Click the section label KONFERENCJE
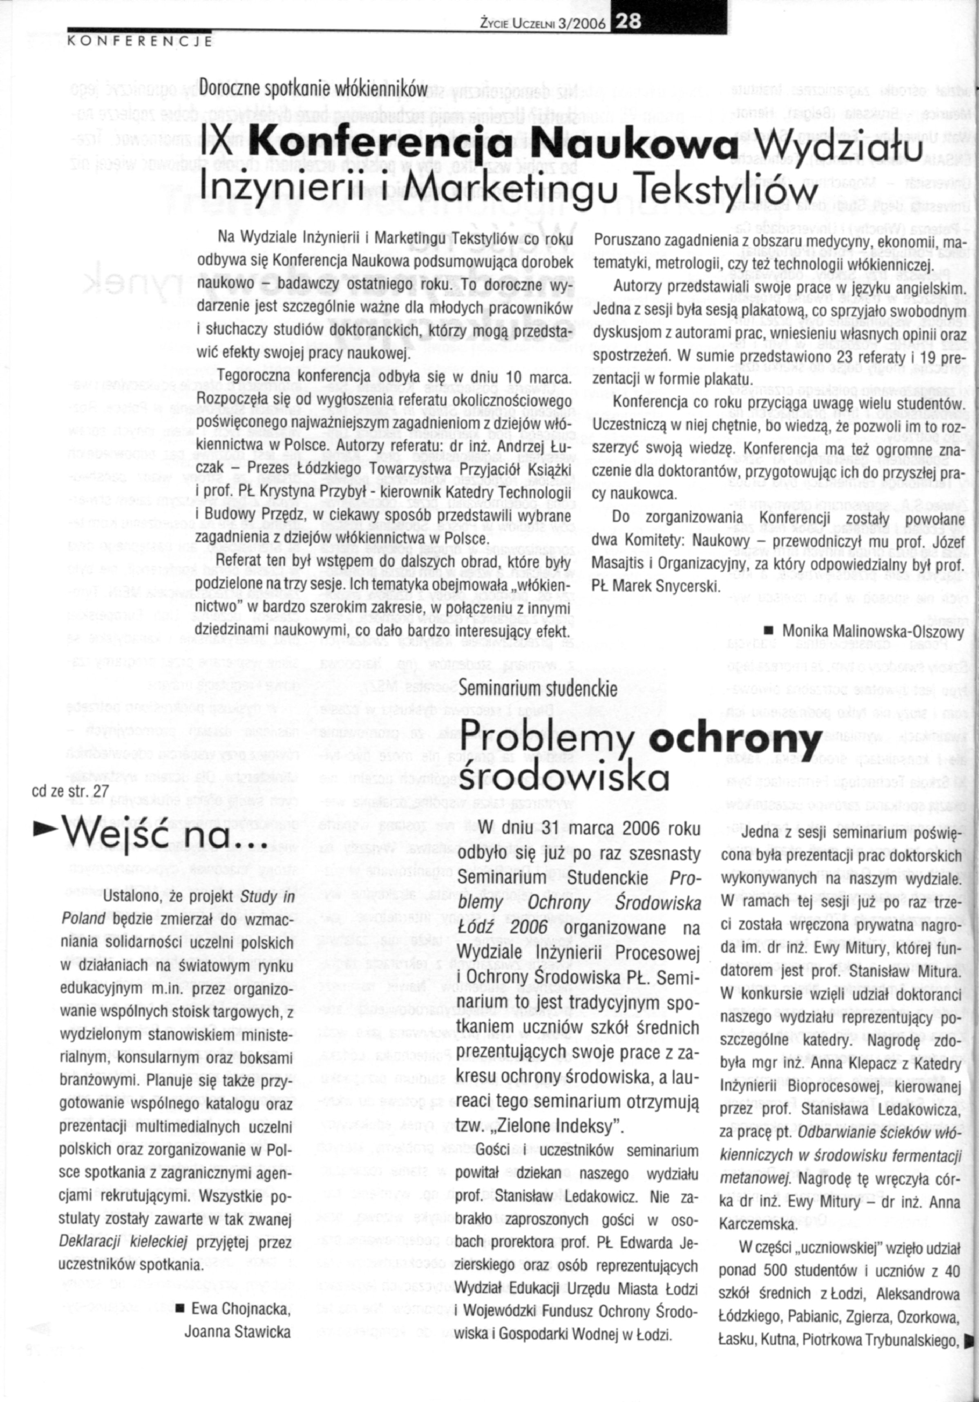(x=139, y=42)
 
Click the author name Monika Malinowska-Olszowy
(x=873, y=631)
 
